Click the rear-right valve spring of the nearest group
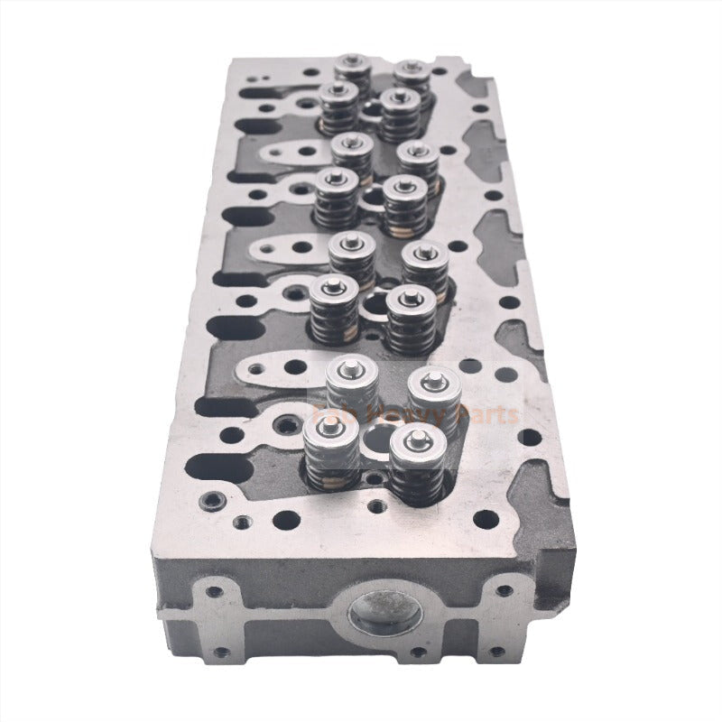(430, 389)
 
